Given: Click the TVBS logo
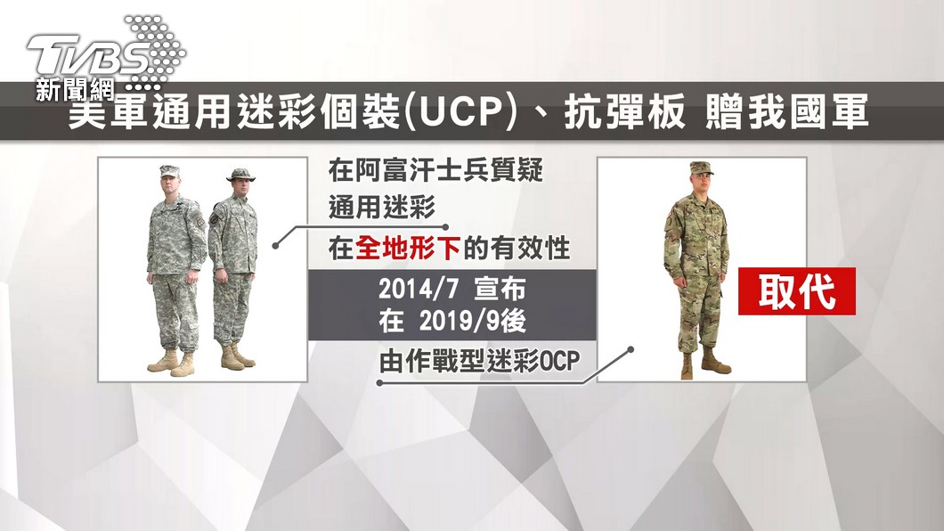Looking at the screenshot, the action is [105, 54].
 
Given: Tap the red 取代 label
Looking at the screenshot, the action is [796, 291].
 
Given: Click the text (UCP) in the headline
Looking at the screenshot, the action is [461, 111].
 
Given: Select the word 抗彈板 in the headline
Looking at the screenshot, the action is [624, 111].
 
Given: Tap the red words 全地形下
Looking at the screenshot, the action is [408, 248].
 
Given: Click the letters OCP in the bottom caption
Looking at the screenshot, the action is [560, 361].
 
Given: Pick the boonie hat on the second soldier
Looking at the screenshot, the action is [240, 175].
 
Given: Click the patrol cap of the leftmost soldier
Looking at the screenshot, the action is [170, 171].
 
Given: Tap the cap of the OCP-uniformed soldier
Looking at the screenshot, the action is [702, 167].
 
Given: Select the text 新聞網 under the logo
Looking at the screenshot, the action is [75, 90].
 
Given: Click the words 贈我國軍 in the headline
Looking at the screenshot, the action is [787, 111].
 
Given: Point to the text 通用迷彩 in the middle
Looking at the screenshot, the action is [382, 208].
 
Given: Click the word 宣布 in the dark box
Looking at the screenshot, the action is [500, 290].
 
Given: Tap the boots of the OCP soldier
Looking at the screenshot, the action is [705, 364].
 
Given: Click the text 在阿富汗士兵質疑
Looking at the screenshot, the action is [435, 170].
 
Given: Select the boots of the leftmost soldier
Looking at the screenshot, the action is [172, 362].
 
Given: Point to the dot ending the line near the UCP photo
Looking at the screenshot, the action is [275, 246].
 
